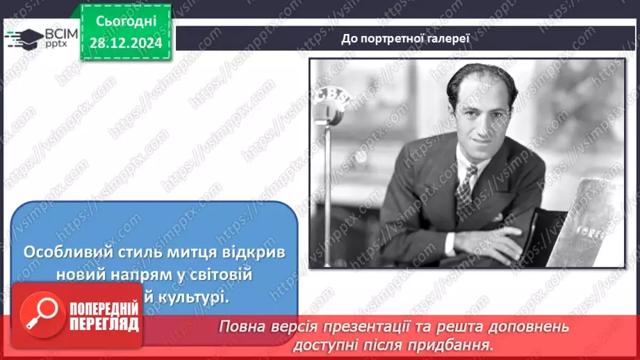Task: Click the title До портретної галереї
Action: [x=406, y=38]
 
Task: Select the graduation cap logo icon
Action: [x=24, y=39]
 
